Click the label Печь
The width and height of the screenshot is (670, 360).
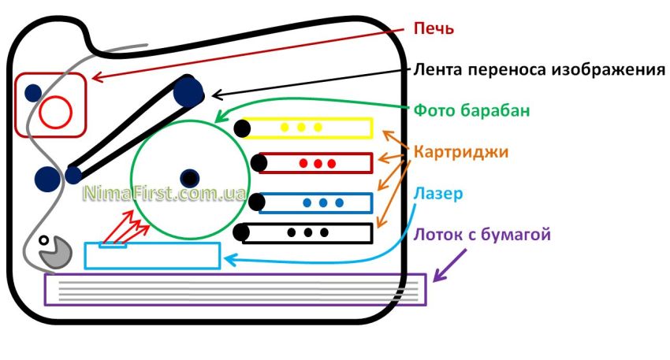pos(434,28)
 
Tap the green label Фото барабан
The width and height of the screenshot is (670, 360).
pos(472,111)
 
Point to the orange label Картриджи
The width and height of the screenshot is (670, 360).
pos(461,150)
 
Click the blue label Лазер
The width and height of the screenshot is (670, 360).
pos(436,192)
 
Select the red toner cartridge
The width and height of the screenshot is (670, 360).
pos(316,163)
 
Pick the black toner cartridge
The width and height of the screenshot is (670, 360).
pos(307,232)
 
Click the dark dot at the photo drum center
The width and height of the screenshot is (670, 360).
pos(189,177)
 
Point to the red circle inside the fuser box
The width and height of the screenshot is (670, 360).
pos(56,112)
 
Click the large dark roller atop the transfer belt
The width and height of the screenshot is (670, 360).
pos(189,91)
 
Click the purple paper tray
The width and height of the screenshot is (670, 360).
pos(236,289)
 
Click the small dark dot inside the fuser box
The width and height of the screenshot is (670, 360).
pos(32,92)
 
